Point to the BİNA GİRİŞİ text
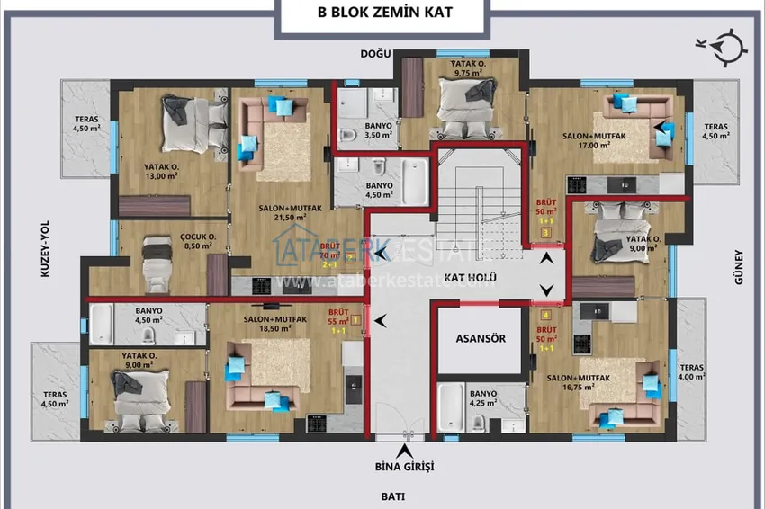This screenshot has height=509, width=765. [x=405, y=466]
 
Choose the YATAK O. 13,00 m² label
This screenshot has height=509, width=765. [x=162, y=171]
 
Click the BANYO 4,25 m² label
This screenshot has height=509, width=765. [x=483, y=398]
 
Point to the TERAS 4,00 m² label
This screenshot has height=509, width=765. [x=691, y=372]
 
